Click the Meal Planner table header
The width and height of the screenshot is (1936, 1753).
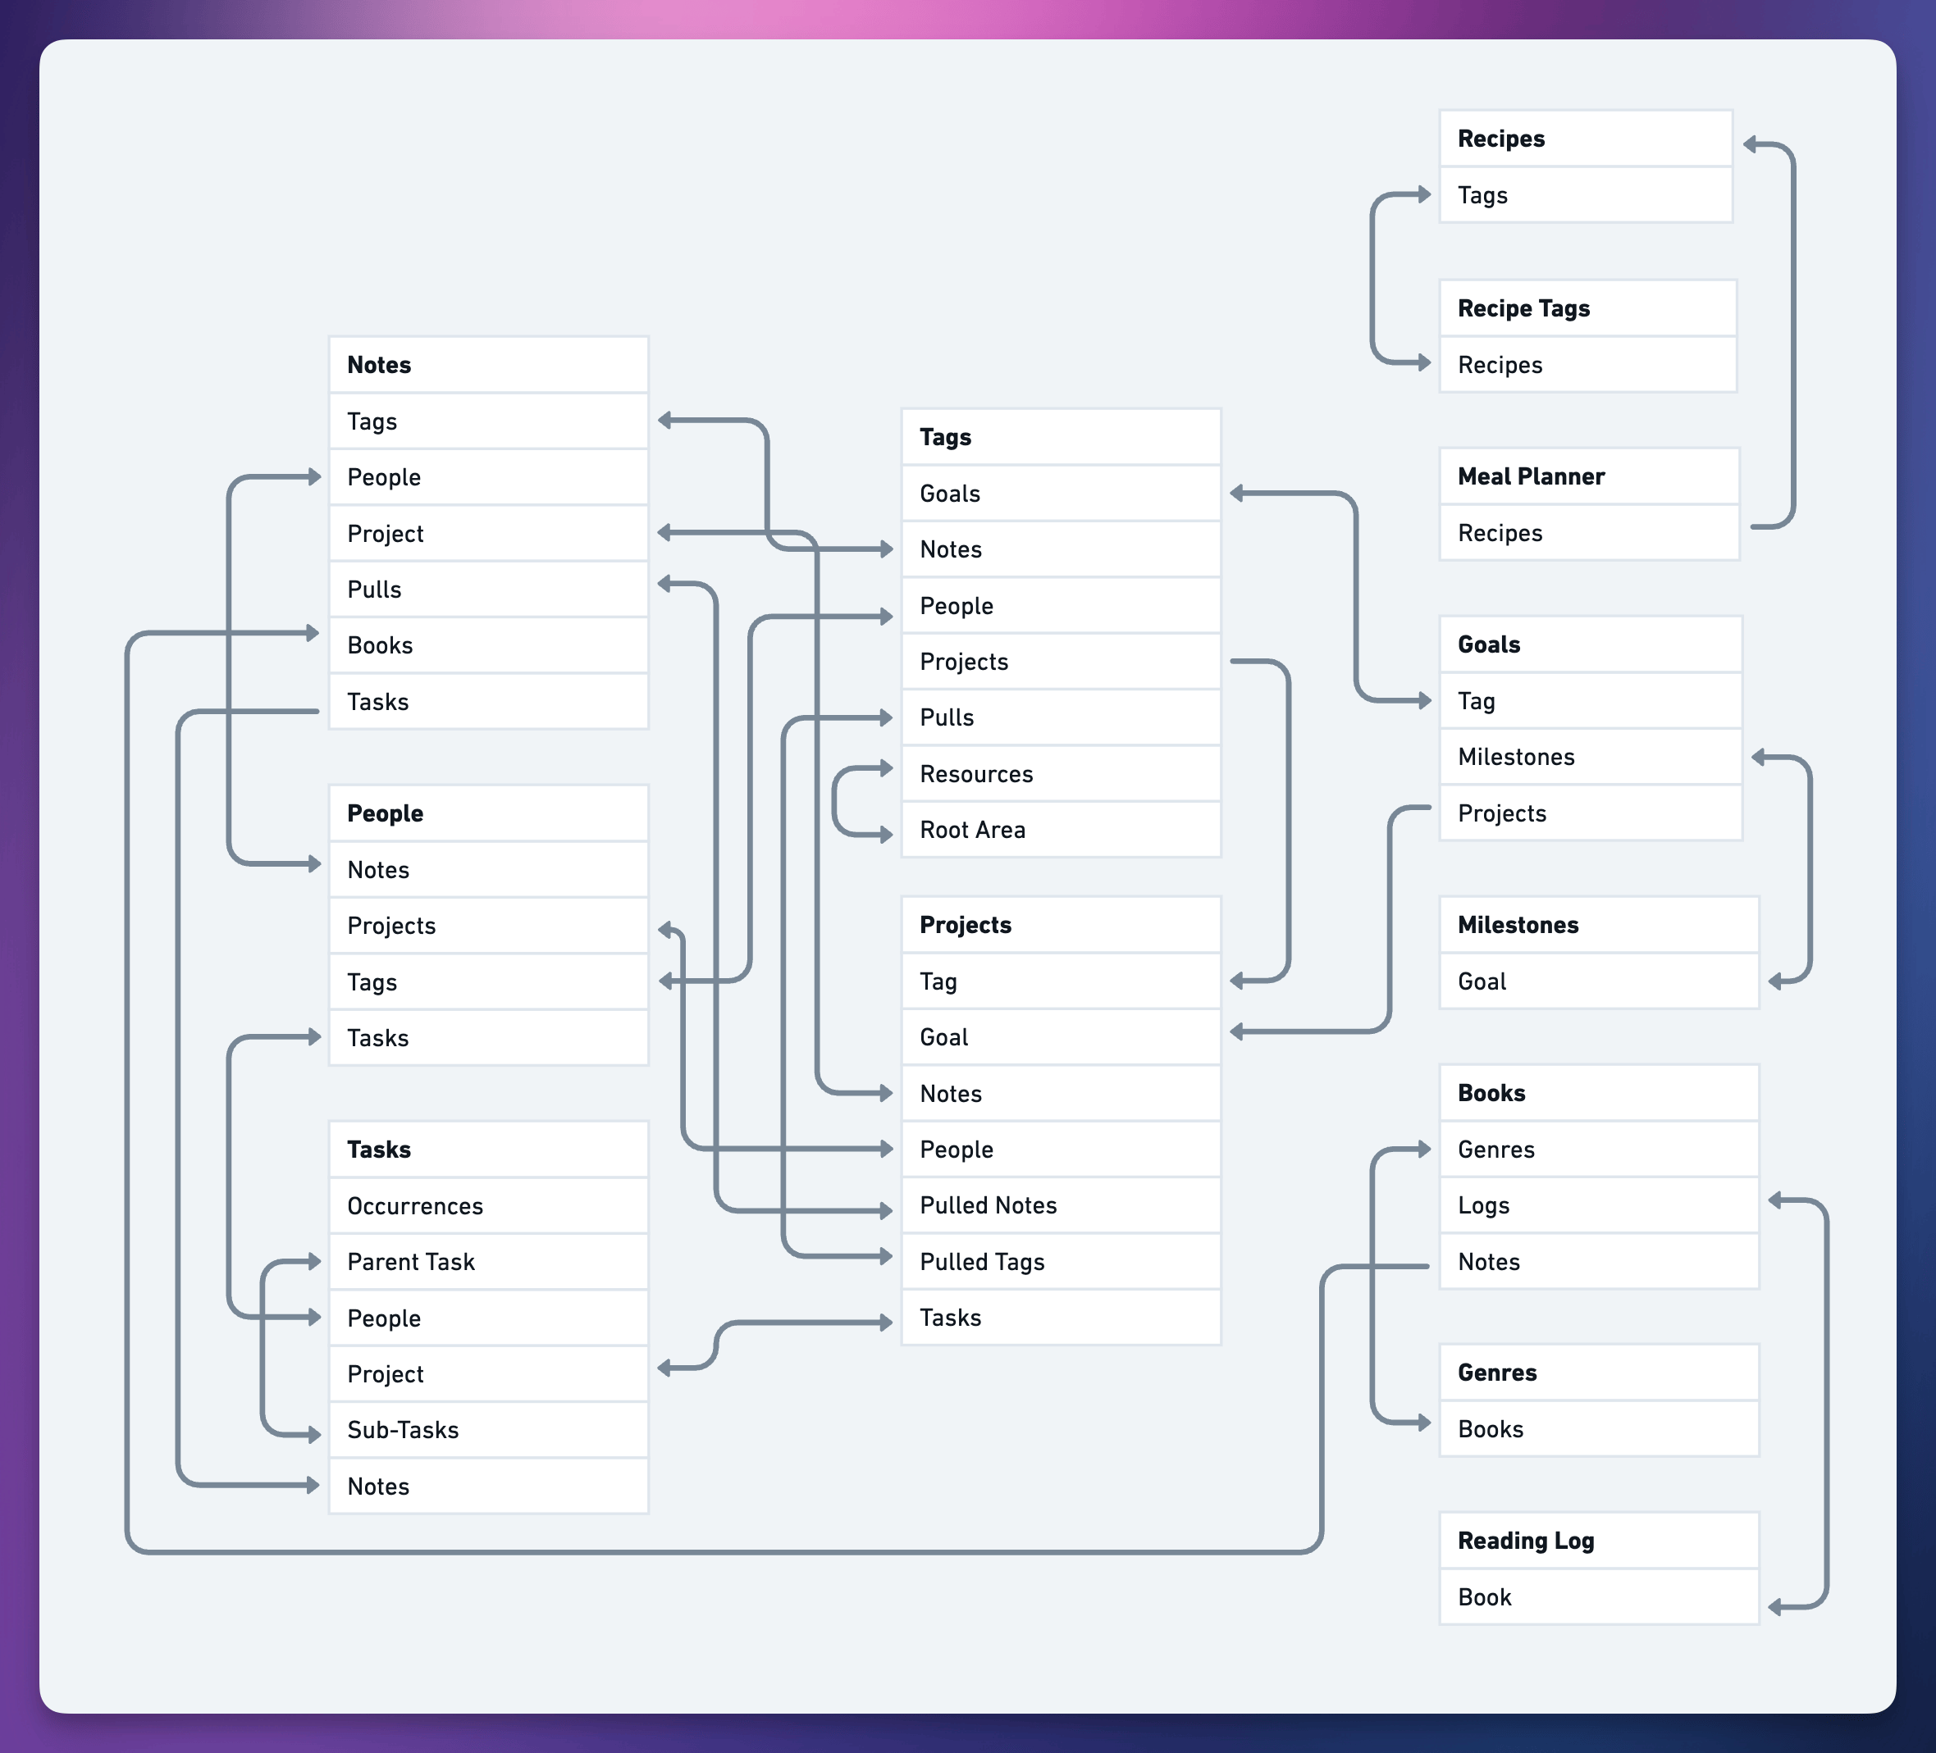click(x=1588, y=476)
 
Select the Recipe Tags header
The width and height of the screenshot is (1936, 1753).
click(x=1587, y=308)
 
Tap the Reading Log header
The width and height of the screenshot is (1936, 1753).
click(x=1598, y=1540)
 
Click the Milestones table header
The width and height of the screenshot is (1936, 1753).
click(x=1598, y=925)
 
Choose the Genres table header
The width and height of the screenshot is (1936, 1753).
click(x=1598, y=1372)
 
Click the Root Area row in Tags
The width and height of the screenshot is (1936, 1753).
click(x=1060, y=830)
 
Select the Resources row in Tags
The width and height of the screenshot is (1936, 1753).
click(x=1060, y=774)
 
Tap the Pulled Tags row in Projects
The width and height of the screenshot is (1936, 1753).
click(x=1060, y=1262)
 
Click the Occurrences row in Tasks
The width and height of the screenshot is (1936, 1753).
click(x=488, y=1206)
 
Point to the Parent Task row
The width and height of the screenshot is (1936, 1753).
click(x=488, y=1262)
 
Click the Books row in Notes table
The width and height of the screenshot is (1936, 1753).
click(x=488, y=645)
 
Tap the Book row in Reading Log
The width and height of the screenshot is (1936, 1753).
click(x=1598, y=1596)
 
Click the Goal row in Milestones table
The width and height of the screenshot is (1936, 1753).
click(x=1598, y=981)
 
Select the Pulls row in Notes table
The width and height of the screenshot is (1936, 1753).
click(x=488, y=590)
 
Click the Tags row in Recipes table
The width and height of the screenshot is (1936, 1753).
click(x=1585, y=195)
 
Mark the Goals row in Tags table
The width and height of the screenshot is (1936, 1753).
click(x=1060, y=494)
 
